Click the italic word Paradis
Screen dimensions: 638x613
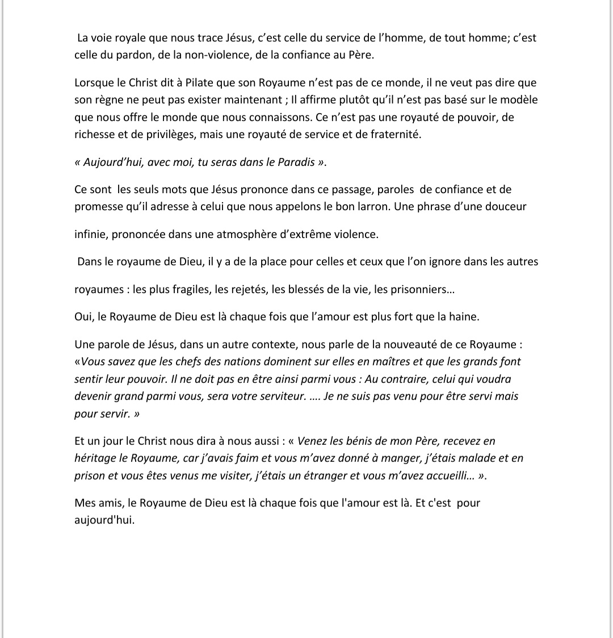[296, 162]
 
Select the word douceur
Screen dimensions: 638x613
[506, 206]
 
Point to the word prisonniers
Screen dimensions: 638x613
[418, 289]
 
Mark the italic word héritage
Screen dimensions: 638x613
[94, 458]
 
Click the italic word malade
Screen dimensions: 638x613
[464, 458]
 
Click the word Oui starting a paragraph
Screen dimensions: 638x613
[83, 316]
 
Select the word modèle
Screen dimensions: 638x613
[519, 100]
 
